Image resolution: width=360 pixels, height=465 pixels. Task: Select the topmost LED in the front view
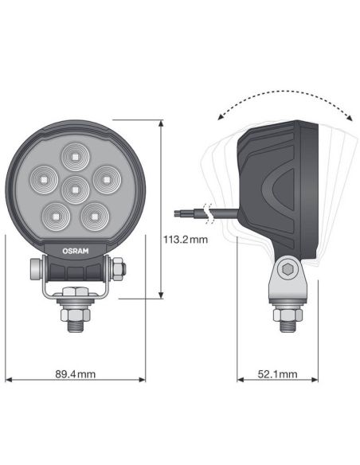point(76,154)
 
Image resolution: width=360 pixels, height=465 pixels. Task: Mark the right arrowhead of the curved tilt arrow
point(348,116)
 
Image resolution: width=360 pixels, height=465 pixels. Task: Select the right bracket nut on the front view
point(117,269)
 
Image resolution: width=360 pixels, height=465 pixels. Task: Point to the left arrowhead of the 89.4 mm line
point(8,380)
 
